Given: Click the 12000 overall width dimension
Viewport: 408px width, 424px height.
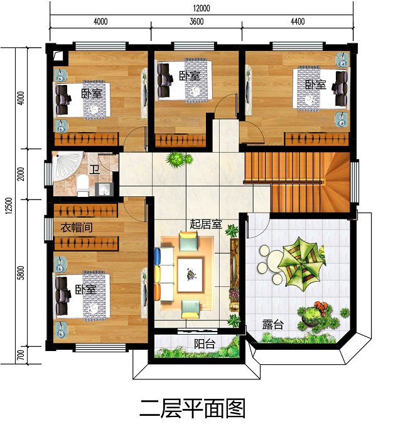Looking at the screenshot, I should (x=201, y=8).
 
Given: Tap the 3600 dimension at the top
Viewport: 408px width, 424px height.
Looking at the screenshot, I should (x=196, y=21).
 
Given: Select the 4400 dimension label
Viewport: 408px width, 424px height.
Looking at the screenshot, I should (x=297, y=21).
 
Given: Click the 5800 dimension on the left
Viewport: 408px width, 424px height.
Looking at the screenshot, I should (x=21, y=273).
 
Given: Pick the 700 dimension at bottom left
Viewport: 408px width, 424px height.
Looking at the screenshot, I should (x=21, y=356).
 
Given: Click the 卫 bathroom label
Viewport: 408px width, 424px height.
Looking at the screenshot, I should (x=94, y=169).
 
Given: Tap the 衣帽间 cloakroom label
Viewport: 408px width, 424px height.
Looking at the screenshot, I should (x=77, y=227).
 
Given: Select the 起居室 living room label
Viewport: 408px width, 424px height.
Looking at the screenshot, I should (x=205, y=223).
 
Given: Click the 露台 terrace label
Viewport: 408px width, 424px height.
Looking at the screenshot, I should (x=272, y=325).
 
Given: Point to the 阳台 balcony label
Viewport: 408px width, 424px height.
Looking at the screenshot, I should (x=204, y=343).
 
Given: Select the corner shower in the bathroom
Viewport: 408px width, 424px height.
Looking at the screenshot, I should (x=63, y=167).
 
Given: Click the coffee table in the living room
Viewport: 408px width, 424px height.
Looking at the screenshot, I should (x=190, y=273).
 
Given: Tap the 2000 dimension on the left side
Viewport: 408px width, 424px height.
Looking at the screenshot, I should (x=21, y=174).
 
